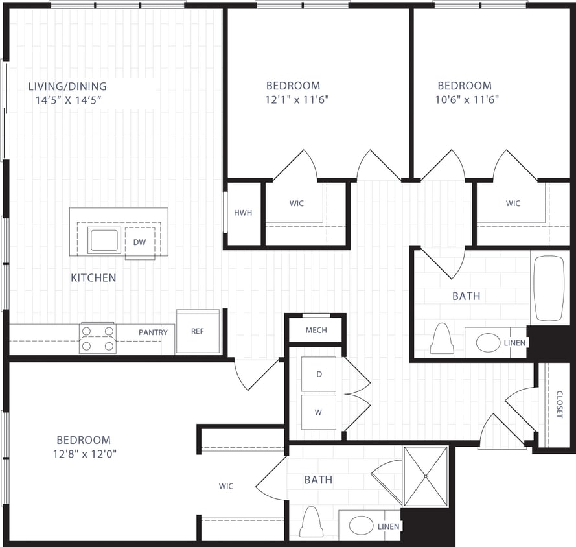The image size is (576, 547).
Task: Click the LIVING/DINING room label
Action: click(67, 86)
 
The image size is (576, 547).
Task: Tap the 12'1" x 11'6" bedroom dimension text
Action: click(293, 100)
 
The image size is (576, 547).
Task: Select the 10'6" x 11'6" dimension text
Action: click(464, 100)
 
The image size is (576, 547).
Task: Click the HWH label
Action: click(243, 213)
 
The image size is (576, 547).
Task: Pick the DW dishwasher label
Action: click(139, 242)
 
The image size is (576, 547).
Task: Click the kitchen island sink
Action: click(104, 240)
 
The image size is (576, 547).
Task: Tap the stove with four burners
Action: click(98, 338)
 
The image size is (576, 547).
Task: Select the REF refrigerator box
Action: click(198, 331)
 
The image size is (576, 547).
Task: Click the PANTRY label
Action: click(153, 332)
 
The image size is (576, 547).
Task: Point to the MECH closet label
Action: click(316, 331)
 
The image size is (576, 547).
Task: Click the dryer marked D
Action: click(318, 375)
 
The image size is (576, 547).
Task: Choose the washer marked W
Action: click(318, 412)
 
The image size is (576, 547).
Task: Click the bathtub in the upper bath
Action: click(549, 288)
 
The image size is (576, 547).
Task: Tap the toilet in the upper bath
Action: click(442, 339)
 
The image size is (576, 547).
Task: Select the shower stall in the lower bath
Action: click(425, 476)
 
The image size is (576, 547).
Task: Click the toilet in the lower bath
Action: click(311, 522)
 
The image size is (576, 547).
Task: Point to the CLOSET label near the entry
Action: click(559, 404)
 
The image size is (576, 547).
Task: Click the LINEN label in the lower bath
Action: click(389, 527)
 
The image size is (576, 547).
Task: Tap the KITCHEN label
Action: click(93, 278)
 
